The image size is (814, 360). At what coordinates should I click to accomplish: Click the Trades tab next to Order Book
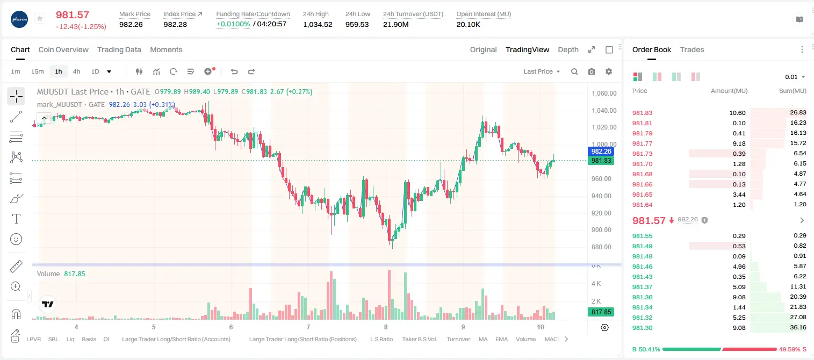(692, 49)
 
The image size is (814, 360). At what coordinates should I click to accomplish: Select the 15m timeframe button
(38, 71)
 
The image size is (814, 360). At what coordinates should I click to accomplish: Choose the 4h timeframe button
(76, 71)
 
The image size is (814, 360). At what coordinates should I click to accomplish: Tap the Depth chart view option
(568, 49)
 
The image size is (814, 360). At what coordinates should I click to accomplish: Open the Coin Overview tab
(63, 49)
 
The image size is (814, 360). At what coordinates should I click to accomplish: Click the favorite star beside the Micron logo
(40, 18)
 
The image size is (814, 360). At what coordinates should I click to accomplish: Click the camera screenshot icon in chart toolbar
(592, 71)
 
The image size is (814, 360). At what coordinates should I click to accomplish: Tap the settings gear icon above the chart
(609, 71)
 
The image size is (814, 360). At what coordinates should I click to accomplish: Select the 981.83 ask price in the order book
(642, 113)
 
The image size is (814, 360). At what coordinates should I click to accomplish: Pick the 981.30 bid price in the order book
(642, 328)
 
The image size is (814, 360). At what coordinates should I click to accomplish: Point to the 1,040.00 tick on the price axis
(604, 111)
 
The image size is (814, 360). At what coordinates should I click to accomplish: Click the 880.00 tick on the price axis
(601, 247)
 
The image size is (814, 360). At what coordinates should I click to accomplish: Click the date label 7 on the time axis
(308, 327)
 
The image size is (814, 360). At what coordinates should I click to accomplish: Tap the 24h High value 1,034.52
(318, 24)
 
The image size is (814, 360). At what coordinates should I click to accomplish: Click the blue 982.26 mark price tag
(601, 151)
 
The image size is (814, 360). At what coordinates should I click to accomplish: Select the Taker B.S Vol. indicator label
(419, 339)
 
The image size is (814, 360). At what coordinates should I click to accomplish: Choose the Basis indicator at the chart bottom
(89, 339)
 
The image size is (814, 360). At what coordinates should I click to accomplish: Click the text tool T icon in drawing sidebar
(16, 219)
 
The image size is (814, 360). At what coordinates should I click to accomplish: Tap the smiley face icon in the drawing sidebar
(16, 239)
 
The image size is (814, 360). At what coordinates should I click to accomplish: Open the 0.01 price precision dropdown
(795, 77)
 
